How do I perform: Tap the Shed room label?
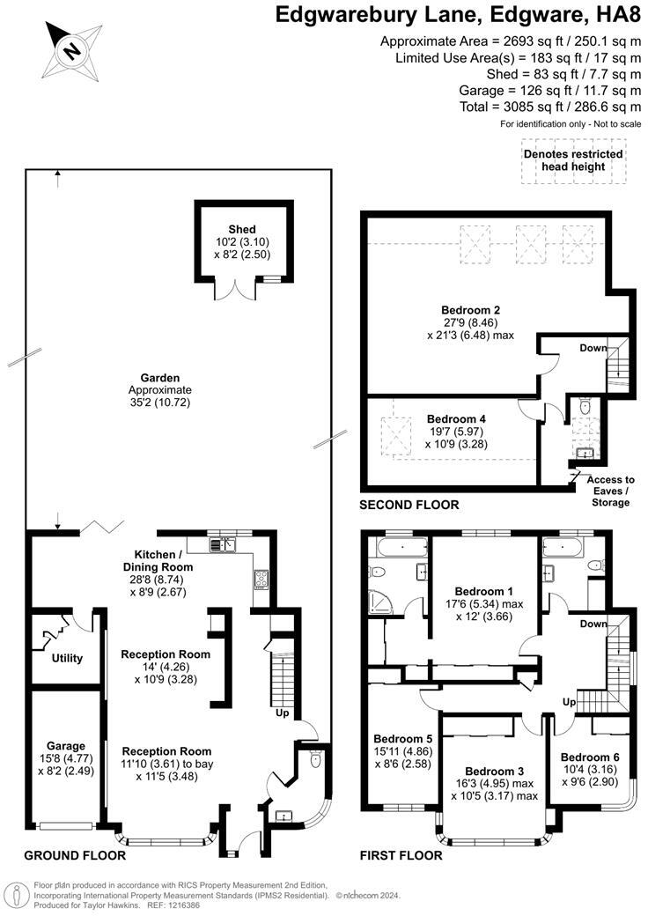[241, 230]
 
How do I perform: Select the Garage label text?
[67, 746]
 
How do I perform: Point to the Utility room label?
[67, 658]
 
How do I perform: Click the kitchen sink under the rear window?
[221, 546]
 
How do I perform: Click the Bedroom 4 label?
[456, 419]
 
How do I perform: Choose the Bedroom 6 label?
[589, 757]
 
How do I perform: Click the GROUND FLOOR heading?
[74, 855]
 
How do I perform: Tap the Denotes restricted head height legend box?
[572, 160]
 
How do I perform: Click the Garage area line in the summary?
[549, 91]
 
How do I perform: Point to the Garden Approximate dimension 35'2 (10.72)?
[159, 403]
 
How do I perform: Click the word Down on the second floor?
[593, 348]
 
